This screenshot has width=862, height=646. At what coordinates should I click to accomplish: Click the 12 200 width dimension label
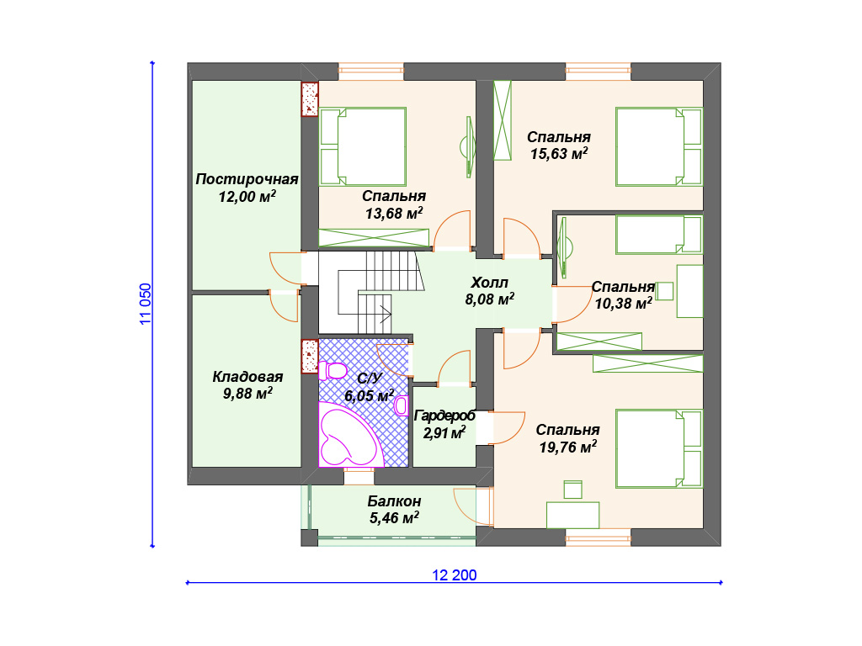pos(454,575)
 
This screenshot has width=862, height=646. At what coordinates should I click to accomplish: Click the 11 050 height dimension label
pos(146,304)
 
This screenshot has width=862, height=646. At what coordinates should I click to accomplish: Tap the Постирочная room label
pos(247,179)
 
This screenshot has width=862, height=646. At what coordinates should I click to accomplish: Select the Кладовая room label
pos(247,377)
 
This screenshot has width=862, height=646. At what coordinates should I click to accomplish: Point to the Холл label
pos(489,283)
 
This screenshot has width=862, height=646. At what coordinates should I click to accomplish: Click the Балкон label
pos(394,501)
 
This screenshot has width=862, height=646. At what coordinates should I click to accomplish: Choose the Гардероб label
pos(444,416)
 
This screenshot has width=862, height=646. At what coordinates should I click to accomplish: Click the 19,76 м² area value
pos(568,447)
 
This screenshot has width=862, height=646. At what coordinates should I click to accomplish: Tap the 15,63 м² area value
pos(559,153)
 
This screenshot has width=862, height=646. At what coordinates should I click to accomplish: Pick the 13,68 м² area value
pos(394,213)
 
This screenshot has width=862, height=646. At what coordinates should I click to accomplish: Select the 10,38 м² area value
pos(624,303)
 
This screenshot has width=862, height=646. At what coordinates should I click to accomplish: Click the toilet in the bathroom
pos(333,371)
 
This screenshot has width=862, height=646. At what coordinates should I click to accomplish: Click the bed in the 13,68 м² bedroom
pos(363,146)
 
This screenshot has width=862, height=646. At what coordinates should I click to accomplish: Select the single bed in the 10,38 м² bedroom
pos(659,235)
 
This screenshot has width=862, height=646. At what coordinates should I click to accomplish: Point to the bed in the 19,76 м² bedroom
pos(659,448)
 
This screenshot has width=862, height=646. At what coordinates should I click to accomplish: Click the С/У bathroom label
pos(369,379)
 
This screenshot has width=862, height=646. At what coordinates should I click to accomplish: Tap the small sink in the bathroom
pos(402,405)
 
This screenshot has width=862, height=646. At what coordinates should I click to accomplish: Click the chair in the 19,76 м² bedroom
pos(572,490)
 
